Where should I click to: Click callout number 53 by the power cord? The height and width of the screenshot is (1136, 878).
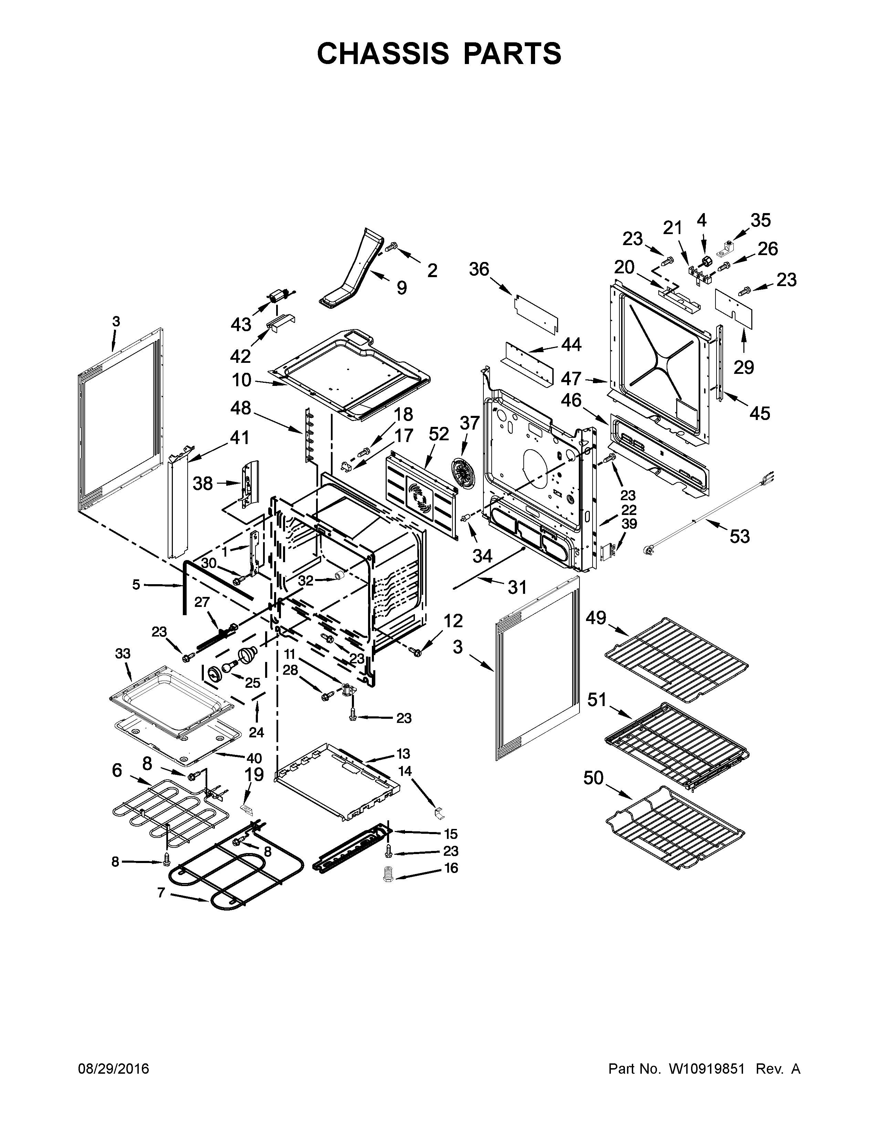click(x=740, y=536)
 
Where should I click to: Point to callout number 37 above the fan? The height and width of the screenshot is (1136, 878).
click(x=469, y=423)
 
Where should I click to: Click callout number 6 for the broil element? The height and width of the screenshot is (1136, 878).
click(x=117, y=770)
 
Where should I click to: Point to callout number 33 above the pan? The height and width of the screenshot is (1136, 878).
click(x=123, y=653)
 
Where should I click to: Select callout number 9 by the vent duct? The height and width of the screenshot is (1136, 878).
click(x=401, y=287)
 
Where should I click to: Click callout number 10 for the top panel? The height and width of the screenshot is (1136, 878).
click(x=241, y=380)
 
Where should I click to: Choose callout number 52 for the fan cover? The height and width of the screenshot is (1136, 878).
click(x=438, y=433)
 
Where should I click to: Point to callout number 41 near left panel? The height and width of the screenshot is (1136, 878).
click(x=239, y=438)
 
